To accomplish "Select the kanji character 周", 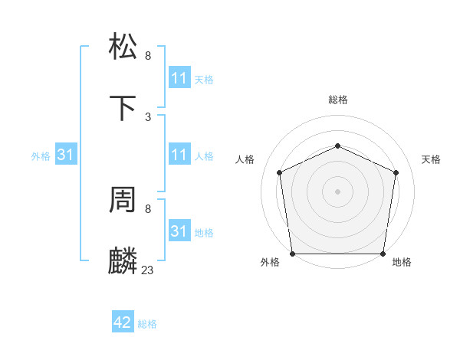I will pos(124,201).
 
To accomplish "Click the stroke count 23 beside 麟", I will pos(147,270).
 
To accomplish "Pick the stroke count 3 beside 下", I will pos(147,116).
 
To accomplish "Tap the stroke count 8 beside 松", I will pos(147,55).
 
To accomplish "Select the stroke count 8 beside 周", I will pos(147,208).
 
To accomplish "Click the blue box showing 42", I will pos(123,322).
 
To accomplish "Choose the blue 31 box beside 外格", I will pos(66,155).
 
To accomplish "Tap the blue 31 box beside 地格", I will pos(179,231).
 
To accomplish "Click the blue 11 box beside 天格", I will pos(179,78).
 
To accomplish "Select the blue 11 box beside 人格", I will pos(179,155).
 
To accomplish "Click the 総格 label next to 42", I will pos(147,324).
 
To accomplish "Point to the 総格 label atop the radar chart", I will pos(337,100).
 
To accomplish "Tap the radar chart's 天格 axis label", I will pos(431,159).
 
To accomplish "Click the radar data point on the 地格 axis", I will pos(383,254).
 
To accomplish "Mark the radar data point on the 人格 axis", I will pos(280,172).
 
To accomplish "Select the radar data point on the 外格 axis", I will pos(292,254).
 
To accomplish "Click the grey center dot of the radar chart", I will pos(337,191).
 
